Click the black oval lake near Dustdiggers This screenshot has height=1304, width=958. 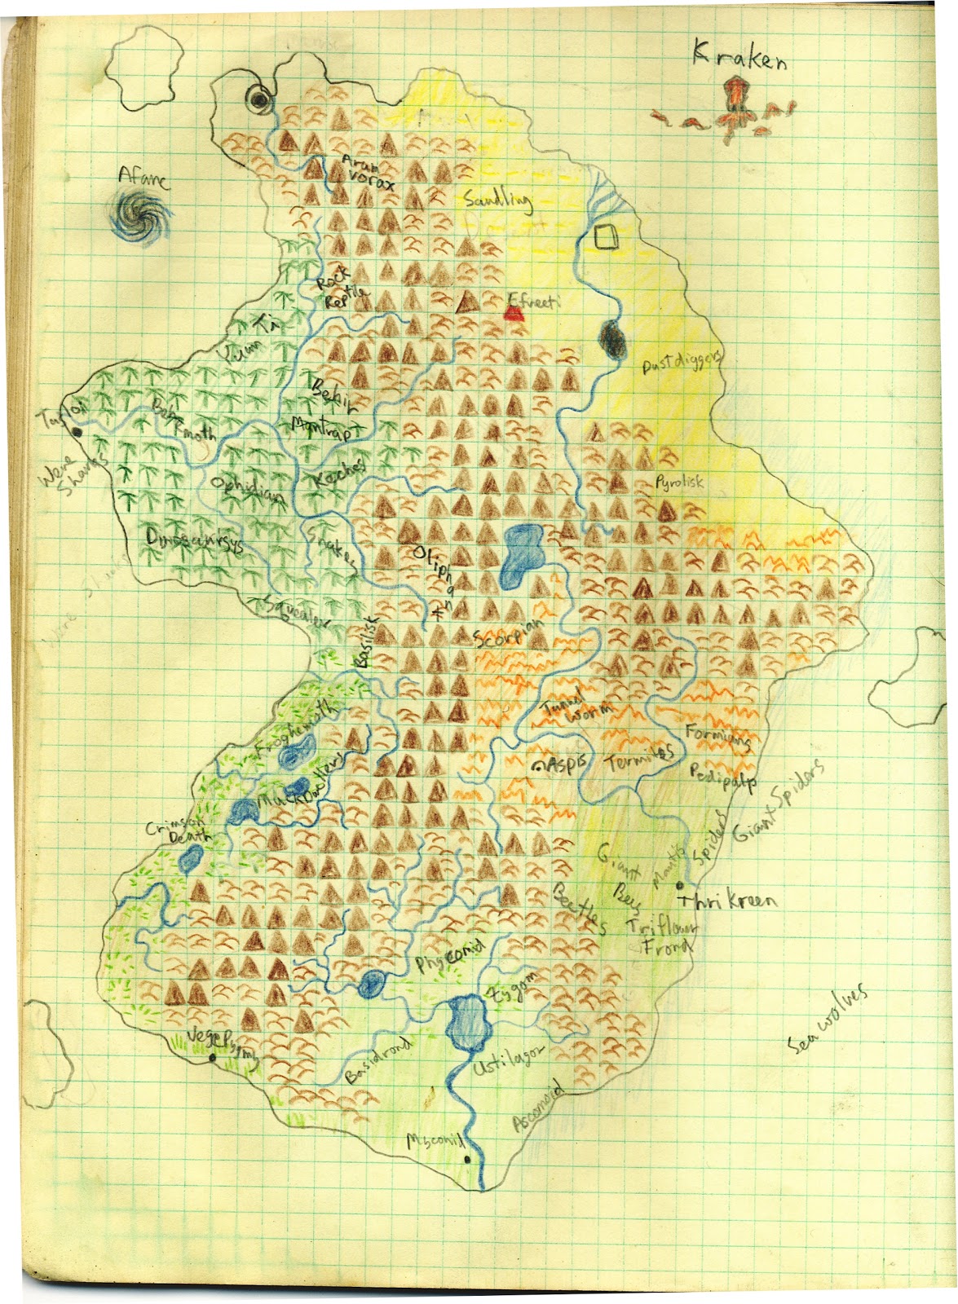(612, 339)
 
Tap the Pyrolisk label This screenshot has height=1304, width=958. (679, 482)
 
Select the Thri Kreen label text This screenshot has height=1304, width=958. (728, 901)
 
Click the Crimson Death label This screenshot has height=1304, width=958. (178, 830)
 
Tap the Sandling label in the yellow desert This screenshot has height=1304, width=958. (497, 199)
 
